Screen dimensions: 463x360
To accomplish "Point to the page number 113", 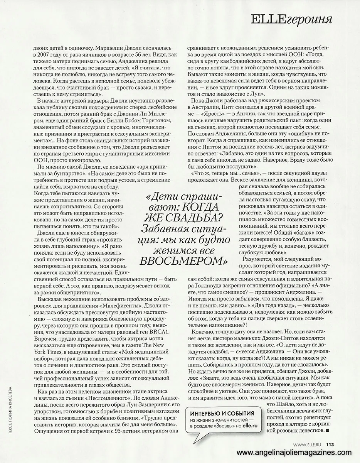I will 330,444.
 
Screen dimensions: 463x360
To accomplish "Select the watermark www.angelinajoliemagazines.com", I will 297,453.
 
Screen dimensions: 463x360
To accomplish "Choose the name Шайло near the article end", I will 282,404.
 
